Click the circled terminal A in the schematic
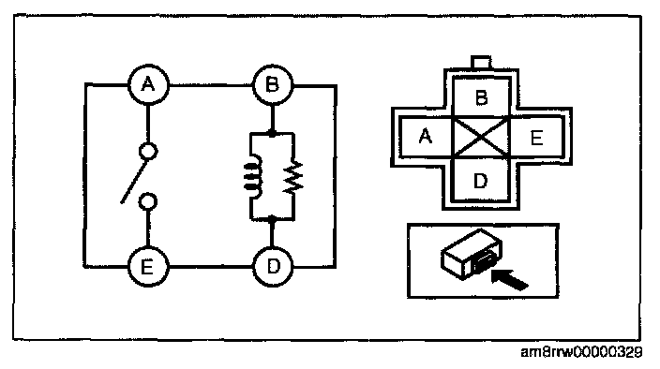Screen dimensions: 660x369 [148, 85]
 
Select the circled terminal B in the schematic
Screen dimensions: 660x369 [272, 85]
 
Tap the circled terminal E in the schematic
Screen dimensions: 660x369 [148, 267]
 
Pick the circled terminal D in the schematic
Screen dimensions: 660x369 [273, 267]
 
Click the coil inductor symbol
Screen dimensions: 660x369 [253, 176]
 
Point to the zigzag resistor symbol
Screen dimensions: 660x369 [293, 176]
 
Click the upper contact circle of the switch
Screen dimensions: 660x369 [148, 152]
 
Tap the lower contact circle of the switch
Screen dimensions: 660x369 [148, 201]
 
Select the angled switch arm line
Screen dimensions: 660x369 [134, 181]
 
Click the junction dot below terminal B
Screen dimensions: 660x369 [272, 134]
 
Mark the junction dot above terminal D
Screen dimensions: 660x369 [272, 219]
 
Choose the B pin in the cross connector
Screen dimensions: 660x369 [481, 97]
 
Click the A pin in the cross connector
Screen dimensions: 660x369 [425, 137]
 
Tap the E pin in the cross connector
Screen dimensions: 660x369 [536, 137]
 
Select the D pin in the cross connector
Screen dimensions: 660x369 [481, 181]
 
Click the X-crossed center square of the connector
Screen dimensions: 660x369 [481, 137]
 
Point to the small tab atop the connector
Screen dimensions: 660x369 [481, 63]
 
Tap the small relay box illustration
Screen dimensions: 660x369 [472, 254]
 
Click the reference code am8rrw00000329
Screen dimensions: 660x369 [581, 352]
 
